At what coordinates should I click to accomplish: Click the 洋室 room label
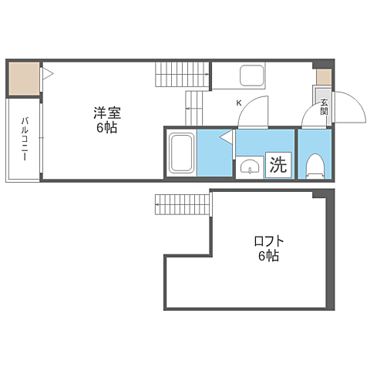pyautogui.click(x=107, y=113)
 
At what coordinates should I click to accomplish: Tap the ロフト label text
pyautogui.click(x=269, y=241)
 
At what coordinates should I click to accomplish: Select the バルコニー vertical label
pyautogui.click(x=25, y=139)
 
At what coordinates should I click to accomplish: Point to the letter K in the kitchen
pyautogui.click(x=239, y=103)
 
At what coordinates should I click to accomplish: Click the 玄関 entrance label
pyautogui.click(x=324, y=107)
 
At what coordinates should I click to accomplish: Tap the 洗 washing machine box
pyautogui.click(x=278, y=165)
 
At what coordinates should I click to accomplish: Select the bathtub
pyautogui.click(x=181, y=153)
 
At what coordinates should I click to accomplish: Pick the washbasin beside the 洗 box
pyautogui.click(x=250, y=167)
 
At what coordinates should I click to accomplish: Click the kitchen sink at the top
pyautogui.click(x=252, y=76)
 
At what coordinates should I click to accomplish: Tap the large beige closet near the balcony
pyautogui.click(x=25, y=79)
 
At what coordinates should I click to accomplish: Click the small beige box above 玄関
pyautogui.click(x=324, y=77)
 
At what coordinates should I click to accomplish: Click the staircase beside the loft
pyautogui.click(x=183, y=204)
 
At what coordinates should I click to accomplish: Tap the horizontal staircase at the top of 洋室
pyautogui.click(x=182, y=75)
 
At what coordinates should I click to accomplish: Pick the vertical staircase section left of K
pyautogui.click(x=193, y=108)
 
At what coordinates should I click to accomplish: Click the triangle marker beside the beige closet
pyautogui.click(x=48, y=74)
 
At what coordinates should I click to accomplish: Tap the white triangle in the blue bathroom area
pyautogui.click(x=226, y=136)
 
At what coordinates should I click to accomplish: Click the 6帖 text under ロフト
pyautogui.click(x=269, y=256)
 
